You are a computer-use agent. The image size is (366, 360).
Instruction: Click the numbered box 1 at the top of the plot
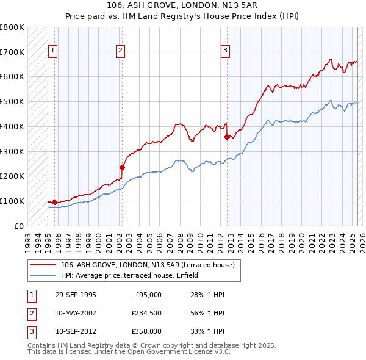pyautogui.click(x=53, y=51)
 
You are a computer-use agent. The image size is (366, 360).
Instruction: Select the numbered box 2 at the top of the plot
pyautogui.click(x=121, y=51)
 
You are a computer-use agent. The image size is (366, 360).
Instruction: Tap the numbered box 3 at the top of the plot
pyautogui.click(x=225, y=51)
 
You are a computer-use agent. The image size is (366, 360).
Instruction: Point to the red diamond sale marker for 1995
pyautogui.click(x=55, y=202)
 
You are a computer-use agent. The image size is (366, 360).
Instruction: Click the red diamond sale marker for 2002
pyautogui.click(x=122, y=167)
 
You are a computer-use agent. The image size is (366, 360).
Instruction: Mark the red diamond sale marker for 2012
pyautogui.click(x=227, y=137)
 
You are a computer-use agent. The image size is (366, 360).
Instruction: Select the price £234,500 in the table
pyautogui.click(x=147, y=313)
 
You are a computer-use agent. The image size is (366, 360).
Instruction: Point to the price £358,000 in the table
pyautogui.click(x=147, y=331)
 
